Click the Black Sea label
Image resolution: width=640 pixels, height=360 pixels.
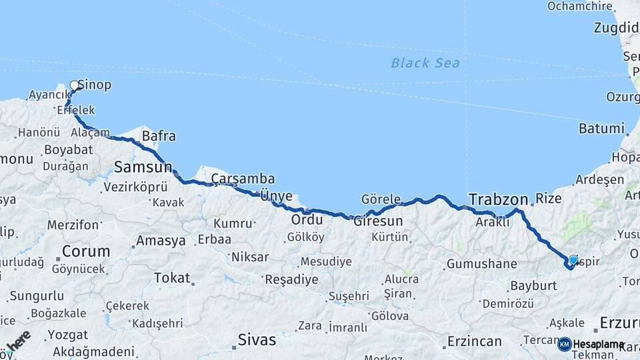425,63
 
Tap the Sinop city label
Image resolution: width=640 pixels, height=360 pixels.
95,85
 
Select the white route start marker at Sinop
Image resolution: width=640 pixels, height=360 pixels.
75,85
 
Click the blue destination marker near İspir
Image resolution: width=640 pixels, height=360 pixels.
573,260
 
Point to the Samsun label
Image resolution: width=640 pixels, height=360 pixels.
143,167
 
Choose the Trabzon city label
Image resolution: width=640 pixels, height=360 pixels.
498,199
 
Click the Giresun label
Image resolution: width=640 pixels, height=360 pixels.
378,221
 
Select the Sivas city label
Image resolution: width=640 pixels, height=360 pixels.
257,340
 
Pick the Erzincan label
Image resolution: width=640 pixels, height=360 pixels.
474,341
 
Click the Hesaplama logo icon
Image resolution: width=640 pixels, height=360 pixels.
565,344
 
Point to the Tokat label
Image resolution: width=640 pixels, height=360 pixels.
171,278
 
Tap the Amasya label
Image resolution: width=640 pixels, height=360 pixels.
161,241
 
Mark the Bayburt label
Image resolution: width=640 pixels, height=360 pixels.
533,285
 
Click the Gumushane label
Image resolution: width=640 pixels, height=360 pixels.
481,264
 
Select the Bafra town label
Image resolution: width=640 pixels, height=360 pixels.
159,137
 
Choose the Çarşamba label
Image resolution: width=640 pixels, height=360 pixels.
243,179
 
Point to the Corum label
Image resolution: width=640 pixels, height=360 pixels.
86,251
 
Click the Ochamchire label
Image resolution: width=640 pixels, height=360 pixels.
579,6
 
